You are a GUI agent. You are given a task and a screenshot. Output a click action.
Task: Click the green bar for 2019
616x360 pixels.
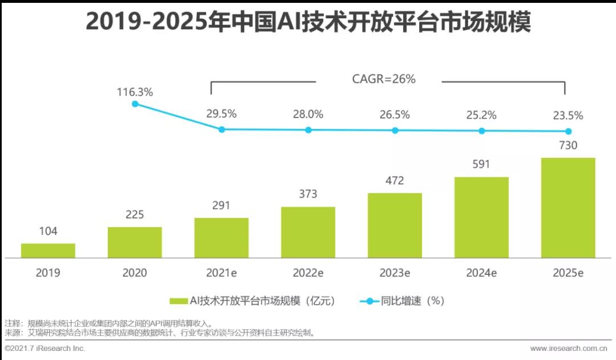pos(48,251)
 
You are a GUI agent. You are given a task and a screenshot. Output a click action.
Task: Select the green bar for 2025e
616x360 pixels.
pos(568,208)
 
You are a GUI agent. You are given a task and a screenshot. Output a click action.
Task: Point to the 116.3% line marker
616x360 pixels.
pos(135,104)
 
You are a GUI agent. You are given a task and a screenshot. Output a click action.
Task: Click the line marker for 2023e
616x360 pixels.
pos(395,130)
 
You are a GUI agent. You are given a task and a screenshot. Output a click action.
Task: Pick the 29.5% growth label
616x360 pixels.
pos(221,114)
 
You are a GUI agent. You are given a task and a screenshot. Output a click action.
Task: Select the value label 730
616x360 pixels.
pos(568,145)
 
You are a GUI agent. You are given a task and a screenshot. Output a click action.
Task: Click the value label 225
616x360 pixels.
pos(135,215)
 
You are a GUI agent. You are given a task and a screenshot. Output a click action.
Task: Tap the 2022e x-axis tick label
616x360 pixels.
pos(308,273)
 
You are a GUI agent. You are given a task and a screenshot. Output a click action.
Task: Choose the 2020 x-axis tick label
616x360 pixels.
pos(135,273)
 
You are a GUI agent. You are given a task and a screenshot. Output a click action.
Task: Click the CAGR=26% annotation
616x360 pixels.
pos(384,79)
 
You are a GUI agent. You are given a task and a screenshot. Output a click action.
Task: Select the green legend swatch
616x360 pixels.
pos(179,301)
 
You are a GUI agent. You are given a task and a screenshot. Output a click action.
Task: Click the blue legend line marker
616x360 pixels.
pos(369,301)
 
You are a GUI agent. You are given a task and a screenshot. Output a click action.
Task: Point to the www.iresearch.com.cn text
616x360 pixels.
pos(568,348)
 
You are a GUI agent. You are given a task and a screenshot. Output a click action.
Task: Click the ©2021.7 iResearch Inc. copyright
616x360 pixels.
pos(44,348)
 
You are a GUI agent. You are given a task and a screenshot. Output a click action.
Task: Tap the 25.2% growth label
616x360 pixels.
pos(481,115)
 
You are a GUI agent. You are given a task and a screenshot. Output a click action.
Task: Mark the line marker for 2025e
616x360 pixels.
pos(568,131)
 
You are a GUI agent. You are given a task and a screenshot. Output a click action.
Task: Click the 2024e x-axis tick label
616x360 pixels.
pos(481,273)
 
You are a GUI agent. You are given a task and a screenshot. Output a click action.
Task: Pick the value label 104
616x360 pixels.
pos(48,232)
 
